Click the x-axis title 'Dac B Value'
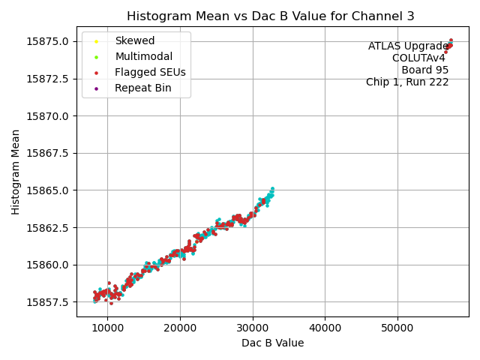tap(272, 343)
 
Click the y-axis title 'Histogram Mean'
tap(16, 172)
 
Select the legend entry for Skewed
tap(134, 40)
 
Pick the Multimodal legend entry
tap(143, 56)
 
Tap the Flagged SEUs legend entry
tap(150, 72)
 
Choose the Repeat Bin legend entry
tap(142, 88)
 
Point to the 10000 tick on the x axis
tap(107, 328)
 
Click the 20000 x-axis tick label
tap(180, 328)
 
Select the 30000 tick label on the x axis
tap(252, 328)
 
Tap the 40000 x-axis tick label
tap(325, 328)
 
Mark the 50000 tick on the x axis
tap(397, 328)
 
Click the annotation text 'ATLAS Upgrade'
tap(408, 46)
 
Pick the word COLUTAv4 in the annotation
tap(418, 58)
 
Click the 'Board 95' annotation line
tap(424, 70)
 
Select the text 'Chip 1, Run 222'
tap(407, 82)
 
